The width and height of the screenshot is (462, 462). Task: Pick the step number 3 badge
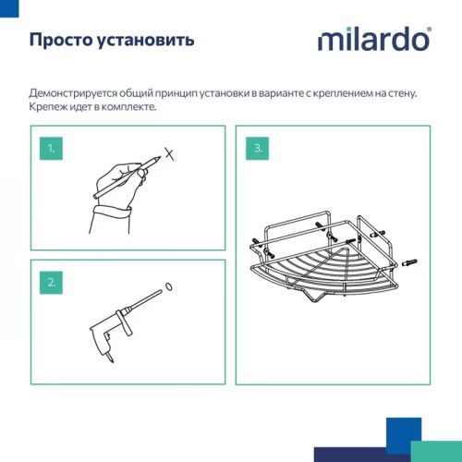tap(259, 148)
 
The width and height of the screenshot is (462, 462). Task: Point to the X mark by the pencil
tap(167, 153)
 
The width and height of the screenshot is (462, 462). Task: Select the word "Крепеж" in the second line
tap(48, 107)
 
